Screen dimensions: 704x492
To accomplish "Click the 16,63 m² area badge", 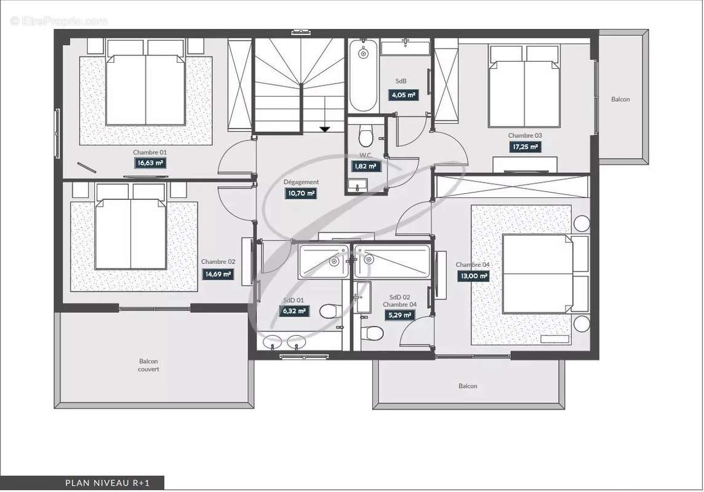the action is (150, 163).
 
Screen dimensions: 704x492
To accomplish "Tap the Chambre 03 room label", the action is (525, 135).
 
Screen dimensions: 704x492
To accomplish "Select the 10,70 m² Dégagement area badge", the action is (301, 193).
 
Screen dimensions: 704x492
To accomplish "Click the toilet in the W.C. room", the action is (366, 135).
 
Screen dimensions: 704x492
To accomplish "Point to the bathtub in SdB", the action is (363, 76).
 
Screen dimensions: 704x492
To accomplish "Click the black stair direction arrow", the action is (324, 129).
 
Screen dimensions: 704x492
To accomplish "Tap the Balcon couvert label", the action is (148, 365).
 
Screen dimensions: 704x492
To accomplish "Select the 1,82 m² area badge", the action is (366, 167).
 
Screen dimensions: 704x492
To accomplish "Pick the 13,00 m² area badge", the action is (473, 276).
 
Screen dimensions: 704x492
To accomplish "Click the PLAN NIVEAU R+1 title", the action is (108, 483).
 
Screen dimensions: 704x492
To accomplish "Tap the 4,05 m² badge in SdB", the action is (404, 95).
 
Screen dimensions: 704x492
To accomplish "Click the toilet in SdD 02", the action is (373, 333).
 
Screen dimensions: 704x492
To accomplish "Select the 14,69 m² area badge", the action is (218, 274).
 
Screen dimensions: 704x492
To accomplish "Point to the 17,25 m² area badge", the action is (525, 146).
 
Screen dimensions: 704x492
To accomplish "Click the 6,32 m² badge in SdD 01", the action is (294, 311).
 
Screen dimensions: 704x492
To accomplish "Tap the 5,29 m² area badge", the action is (399, 315).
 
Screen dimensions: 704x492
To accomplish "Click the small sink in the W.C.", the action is (358, 184).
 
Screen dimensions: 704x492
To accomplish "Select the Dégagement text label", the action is (301, 182).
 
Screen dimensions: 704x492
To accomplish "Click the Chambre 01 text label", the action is (150, 153).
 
